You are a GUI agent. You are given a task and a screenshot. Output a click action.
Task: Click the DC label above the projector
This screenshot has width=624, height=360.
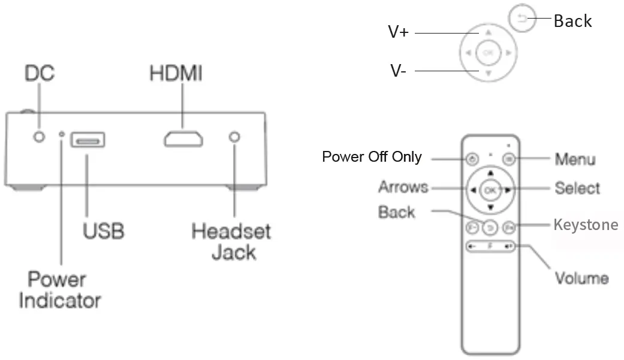[x=40, y=73]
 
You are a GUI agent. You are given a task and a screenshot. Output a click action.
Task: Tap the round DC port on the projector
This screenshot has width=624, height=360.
[x=40, y=137]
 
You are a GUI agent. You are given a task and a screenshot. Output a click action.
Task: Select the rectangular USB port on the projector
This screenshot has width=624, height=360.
[x=87, y=140]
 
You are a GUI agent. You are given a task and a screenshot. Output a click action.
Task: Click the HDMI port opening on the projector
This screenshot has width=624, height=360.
[x=183, y=139]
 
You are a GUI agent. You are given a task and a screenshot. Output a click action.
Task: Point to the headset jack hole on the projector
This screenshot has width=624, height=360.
[x=235, y=137]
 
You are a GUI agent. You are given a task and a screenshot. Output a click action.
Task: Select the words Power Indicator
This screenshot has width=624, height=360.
[x=59, y=289]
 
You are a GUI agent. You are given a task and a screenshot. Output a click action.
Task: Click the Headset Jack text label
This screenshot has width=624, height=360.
[x=231, y=241]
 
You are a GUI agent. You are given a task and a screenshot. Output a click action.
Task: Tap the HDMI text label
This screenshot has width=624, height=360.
[x=176, y=73]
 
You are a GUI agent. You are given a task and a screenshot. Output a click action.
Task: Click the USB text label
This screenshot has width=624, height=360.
[x=104, y=230]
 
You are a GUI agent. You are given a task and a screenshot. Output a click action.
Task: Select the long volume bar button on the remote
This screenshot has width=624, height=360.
[x=490, y=246]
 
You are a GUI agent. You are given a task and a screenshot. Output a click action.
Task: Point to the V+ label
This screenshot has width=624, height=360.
[x=398, y=32]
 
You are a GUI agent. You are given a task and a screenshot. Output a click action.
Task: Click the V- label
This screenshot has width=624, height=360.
[x=399, y=71]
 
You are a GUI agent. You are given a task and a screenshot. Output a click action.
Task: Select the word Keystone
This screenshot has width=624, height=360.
[x=585, y=225]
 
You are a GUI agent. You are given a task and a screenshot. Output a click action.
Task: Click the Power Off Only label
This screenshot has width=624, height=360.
[x=372, y=157]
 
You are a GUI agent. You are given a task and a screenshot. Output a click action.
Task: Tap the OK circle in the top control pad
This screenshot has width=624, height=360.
[x=488, y=53]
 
